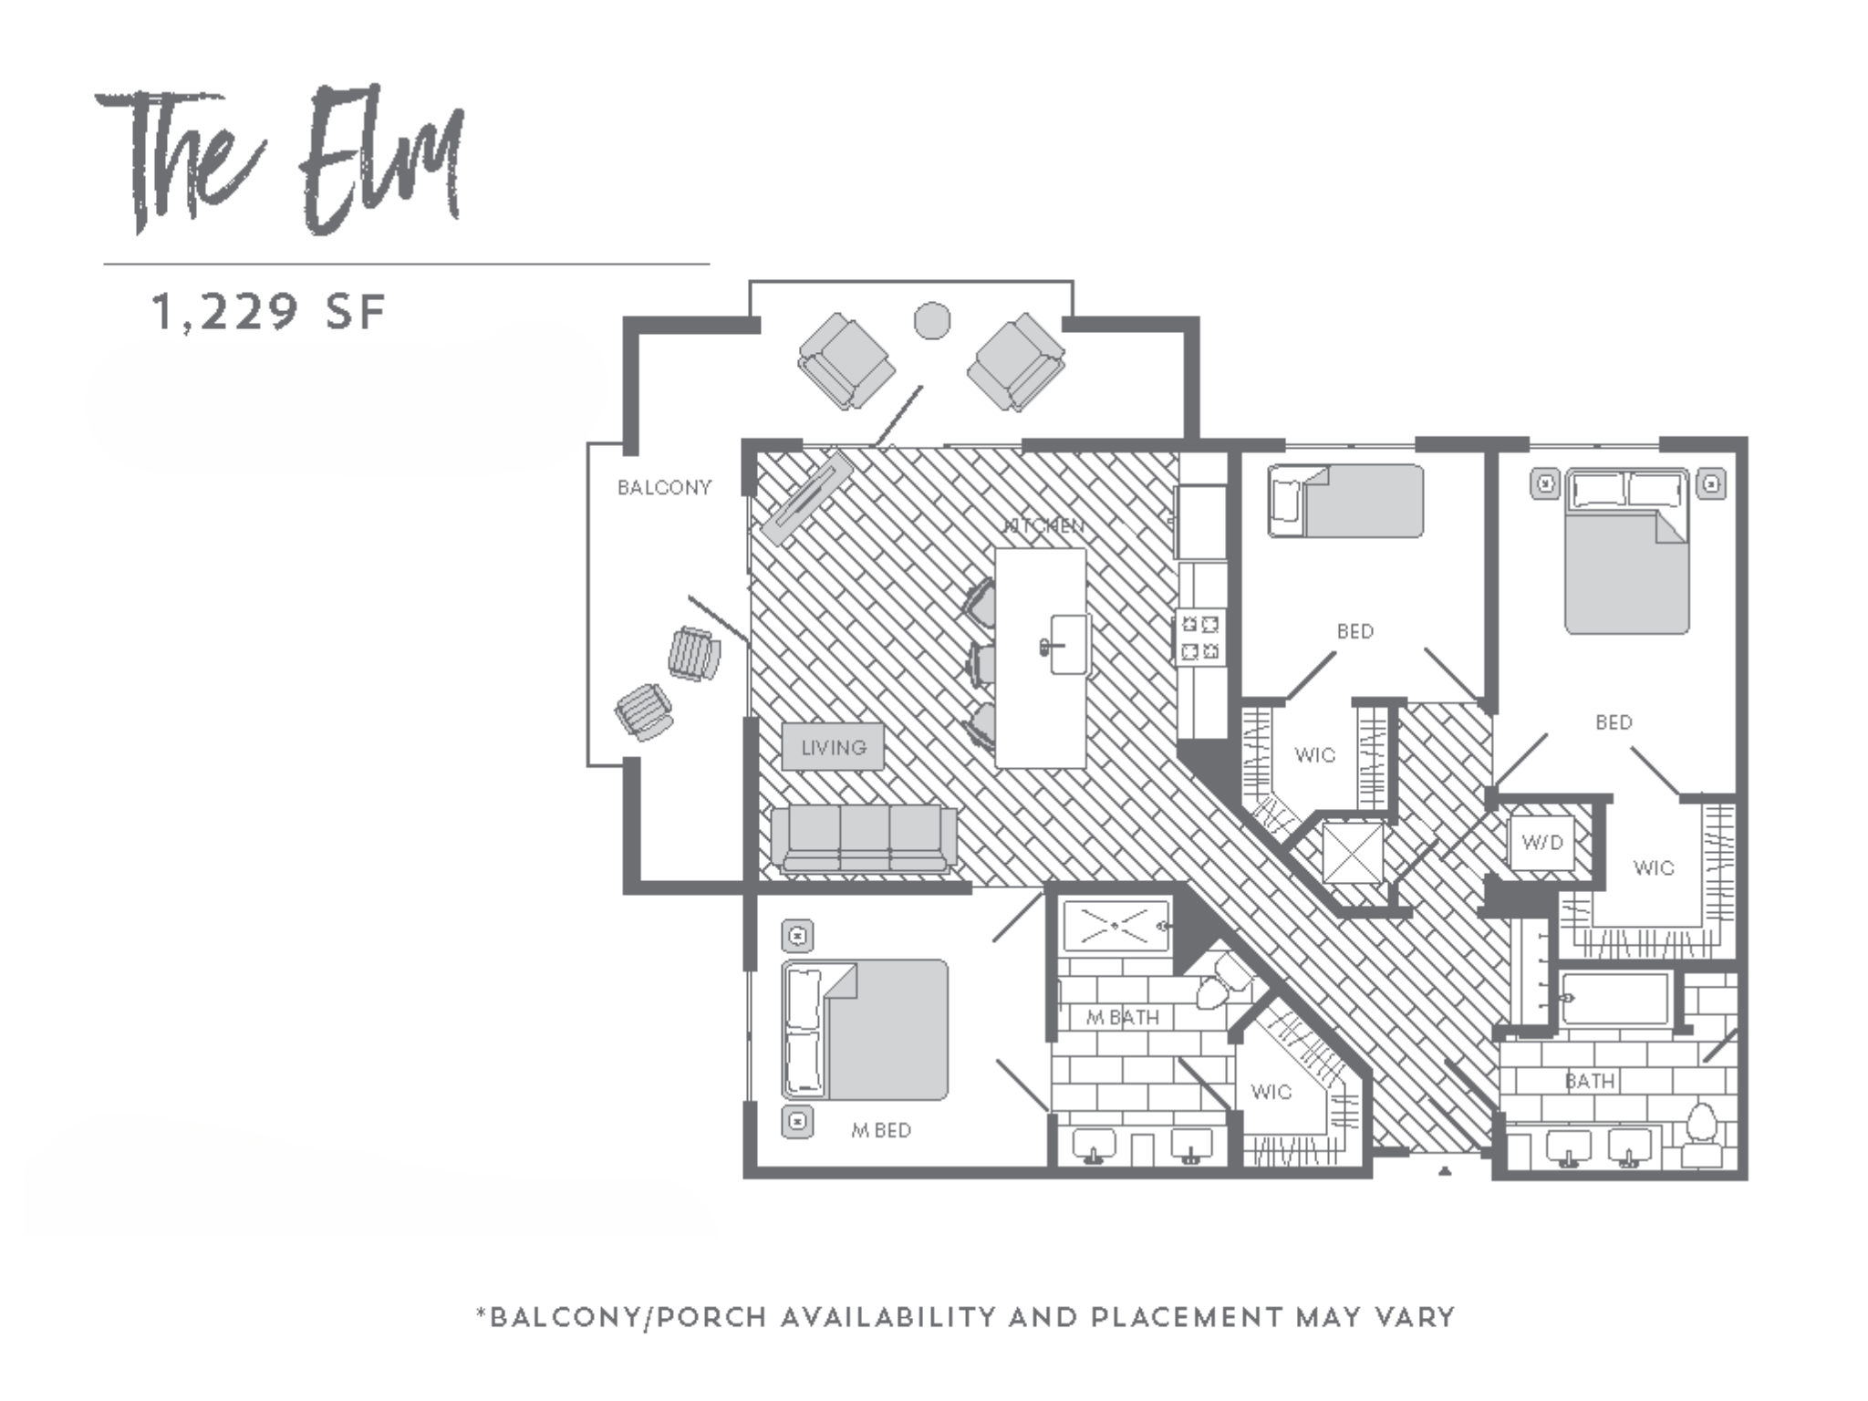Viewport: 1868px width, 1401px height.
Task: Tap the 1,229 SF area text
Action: point(269,312)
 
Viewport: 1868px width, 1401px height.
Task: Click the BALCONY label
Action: point(664,488)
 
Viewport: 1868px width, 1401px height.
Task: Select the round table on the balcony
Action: point(931,320)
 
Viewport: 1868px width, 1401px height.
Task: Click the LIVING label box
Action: point(833,748)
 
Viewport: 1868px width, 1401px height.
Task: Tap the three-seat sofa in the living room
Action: point(864,838)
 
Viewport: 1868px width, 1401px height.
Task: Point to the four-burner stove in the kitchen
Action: point(1200,638)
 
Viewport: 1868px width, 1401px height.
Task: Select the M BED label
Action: point(881,1131)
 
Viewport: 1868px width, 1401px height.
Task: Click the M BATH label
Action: point(1123,1018)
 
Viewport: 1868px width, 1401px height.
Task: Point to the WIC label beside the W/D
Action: point(1653,868)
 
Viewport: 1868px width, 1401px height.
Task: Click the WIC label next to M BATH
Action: point(1271,1093)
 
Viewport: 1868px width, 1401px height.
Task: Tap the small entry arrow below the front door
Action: point(1444,1171)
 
